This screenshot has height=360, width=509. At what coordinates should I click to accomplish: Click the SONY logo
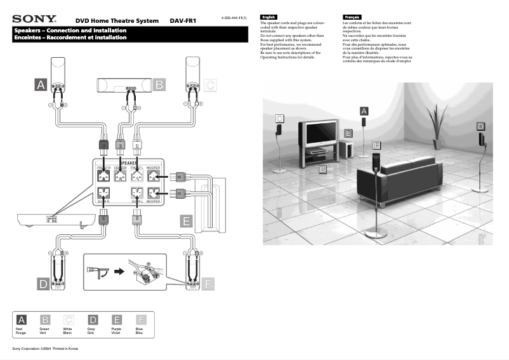coord(34,20)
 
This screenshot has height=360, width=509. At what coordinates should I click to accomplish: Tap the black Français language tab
coord(351,16)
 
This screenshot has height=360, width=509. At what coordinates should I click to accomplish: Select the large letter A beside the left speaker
coord(41,84)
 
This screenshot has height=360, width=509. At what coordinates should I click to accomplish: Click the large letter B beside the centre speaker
coord(159,84)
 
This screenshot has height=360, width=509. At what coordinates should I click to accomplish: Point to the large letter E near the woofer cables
coord(186,222)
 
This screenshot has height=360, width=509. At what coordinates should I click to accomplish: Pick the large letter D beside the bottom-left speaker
coord(43,284)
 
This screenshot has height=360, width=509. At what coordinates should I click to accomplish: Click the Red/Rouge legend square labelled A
coord(22,320)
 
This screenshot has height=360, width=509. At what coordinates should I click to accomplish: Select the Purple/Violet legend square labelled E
coord(117,320)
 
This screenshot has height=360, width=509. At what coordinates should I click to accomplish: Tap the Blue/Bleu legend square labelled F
coord(142,320)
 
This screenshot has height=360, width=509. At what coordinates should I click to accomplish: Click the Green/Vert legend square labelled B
coord(45,320)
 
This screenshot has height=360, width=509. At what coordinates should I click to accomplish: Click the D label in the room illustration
coord(480,127)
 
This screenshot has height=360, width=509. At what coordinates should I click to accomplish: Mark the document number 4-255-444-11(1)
coord(234,17)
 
